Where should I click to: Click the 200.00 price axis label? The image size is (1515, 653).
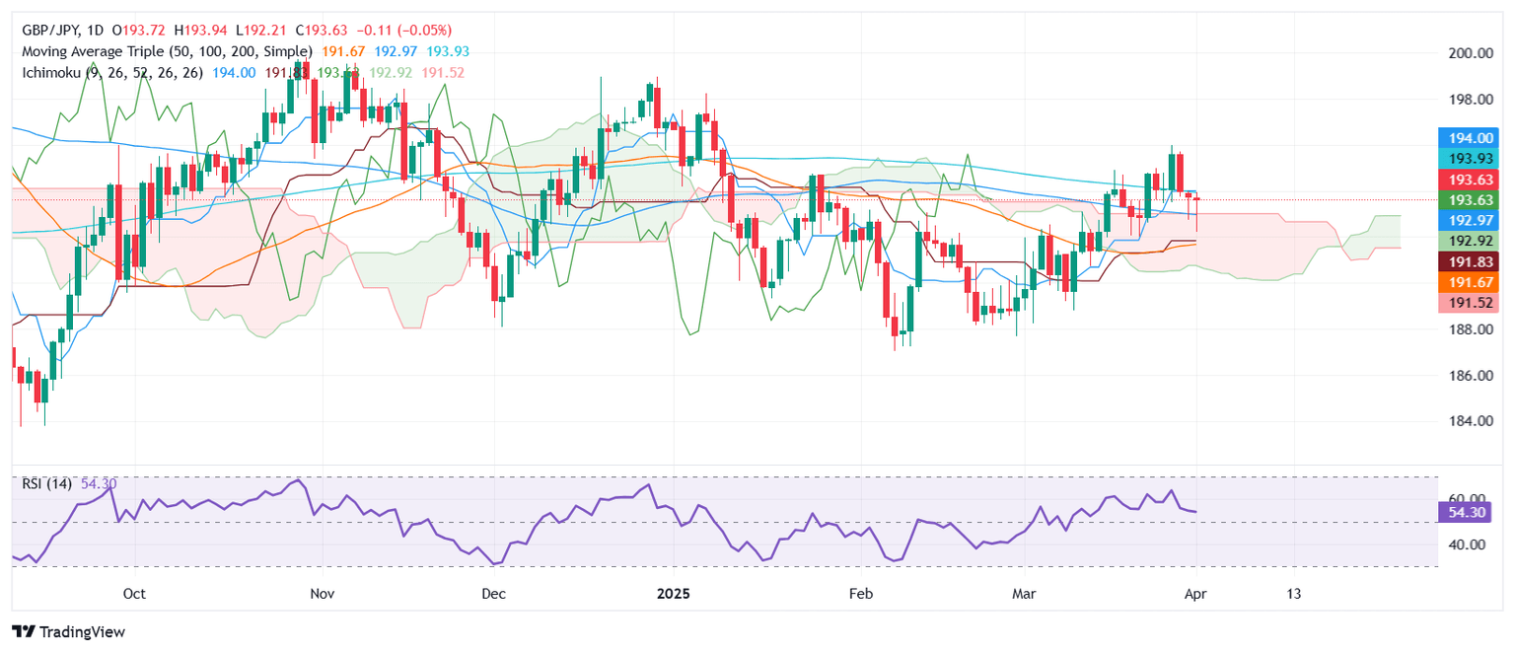pos(1464,53)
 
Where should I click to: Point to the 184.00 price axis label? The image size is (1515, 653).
pos(1464,421)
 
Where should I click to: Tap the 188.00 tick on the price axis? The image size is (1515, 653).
pos(1464,329)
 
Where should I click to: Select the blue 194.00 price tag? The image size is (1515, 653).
pos(1469,138)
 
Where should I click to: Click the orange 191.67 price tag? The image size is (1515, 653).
pos(1469,282)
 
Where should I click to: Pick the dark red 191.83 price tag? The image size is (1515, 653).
pos(1469,261)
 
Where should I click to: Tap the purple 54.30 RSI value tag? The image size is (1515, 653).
pos(1469,512)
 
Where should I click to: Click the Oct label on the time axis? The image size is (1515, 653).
pos(134,594)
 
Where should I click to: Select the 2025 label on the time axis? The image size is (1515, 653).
pos(674,594)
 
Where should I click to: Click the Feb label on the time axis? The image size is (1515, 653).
pos(861,594)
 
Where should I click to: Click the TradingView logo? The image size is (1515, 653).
pos(69,631)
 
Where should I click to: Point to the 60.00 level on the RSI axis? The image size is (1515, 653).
pos(1464,499)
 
